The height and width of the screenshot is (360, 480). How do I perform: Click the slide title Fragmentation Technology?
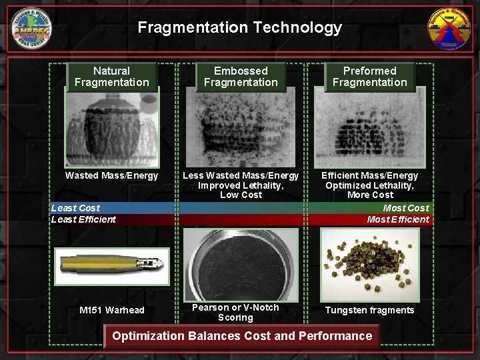pos(239,27)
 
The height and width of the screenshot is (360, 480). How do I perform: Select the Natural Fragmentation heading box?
pos(111,77)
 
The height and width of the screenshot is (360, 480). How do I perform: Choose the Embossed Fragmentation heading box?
pos(241,77)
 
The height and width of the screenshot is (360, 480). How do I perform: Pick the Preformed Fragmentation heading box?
pos(369,77)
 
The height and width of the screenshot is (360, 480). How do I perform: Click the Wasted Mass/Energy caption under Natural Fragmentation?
pos(111,176)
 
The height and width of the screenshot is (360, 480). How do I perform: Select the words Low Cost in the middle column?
pos(241,195)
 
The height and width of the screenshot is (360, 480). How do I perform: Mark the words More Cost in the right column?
pos(370,195)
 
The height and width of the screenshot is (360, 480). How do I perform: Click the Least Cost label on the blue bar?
pos(75,208)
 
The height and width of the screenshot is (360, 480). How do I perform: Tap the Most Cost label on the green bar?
pos(406,208)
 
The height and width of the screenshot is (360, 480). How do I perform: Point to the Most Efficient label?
pos(398,219)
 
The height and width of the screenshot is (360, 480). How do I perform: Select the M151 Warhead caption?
pos(111,310)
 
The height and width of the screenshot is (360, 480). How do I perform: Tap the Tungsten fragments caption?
pos(369,310)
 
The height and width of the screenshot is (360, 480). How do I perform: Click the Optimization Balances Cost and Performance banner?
pos(242,336)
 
